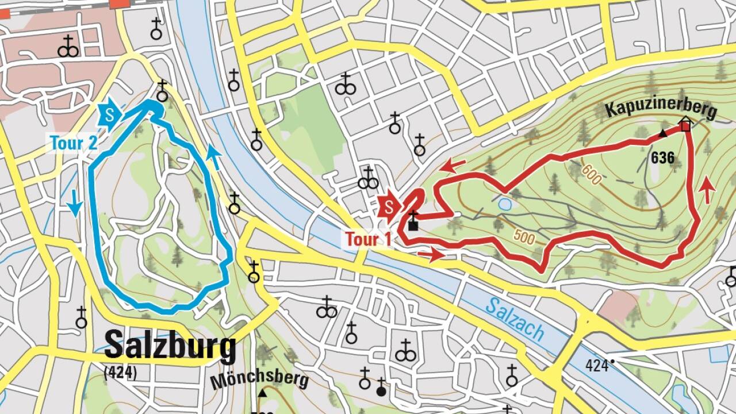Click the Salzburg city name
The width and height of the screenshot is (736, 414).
[x=170, y=347]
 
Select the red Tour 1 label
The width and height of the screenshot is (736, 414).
[x=368, y=239]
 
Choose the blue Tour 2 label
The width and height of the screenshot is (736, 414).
[x=74, y=143]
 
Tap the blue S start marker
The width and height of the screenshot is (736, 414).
[x=111, y=113]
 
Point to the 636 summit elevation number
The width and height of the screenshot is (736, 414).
[x=662, y=158]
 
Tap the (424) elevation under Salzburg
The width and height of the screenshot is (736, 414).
[x=120, y=373]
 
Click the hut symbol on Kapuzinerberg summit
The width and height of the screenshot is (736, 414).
[x=685, y=124]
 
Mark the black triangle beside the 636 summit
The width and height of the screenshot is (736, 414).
[x=662, y=134]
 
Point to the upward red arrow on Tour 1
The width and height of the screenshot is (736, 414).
[x=707, y=191]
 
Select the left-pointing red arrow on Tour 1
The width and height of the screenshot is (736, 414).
[x=454, y=166]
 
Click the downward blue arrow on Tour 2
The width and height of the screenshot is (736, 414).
[x=74, y=204]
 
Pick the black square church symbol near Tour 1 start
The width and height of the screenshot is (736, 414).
[x=413, y=225]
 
